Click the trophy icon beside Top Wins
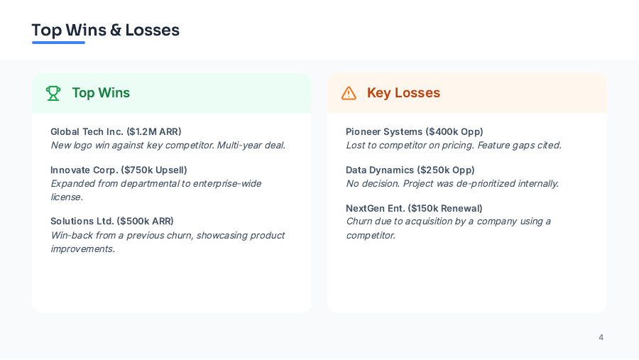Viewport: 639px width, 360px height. pyautogui.click(x=53, y=93)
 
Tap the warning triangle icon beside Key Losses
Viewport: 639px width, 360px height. pyautogui.click(x=349, y=93)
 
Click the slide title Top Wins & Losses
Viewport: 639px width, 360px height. pyautogui.click(x=105, y=30)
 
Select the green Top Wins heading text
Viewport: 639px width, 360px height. pyautogui.click(x=101, y=93)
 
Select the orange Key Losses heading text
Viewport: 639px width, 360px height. pyautogui.click(x=403, y=93)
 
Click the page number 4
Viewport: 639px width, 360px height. pyautogui.click(x=601, y=337)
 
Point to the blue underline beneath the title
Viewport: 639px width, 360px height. pyautogui.click(x=58, y=43)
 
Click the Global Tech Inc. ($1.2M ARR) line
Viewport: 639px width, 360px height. pyautogui.click(x=116, y=131)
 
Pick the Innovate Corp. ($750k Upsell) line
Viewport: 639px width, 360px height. pyautogui.click(x=119, y=170)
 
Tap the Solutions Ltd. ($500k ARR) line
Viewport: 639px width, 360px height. pyautogui.click(x=112, y=221)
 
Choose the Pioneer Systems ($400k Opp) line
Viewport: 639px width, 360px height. pyautogui.click(x=415, y=131)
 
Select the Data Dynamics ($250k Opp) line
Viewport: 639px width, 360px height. pyautogui.click(x=410, y=170)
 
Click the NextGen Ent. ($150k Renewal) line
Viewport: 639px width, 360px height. pyautogui.click(x=414, y=208)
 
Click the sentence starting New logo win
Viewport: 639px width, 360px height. pyautogui.click(x=168, y=145)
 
